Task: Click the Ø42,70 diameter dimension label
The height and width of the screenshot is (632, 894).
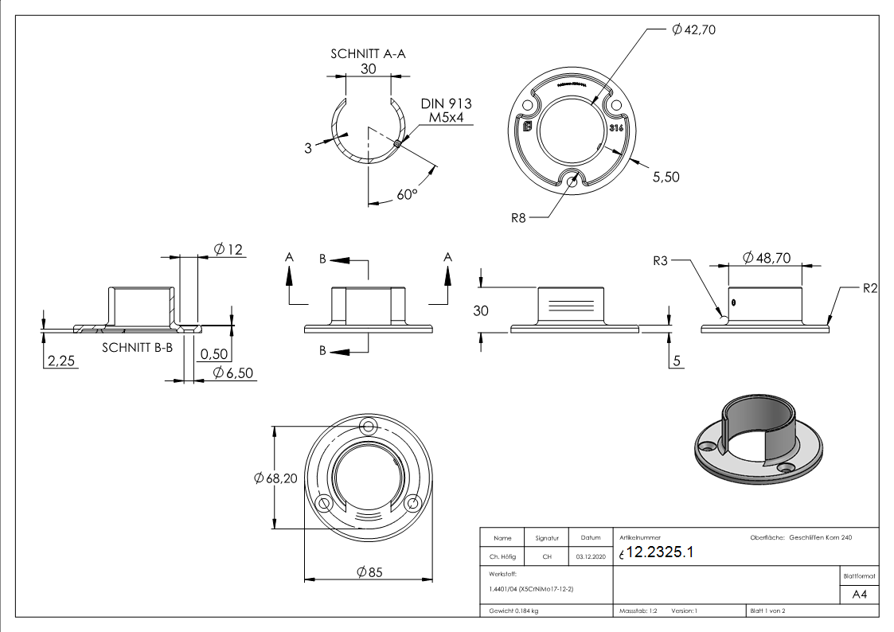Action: coord(695,30)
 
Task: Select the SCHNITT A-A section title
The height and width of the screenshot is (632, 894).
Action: coord(369,54)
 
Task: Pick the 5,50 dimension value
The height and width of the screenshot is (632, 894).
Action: coord(666,177)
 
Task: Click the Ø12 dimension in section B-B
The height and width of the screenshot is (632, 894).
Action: coord(228,250)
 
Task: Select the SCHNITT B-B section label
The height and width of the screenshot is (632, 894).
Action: coord(137,348)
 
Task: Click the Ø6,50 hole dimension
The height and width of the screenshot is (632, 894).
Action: coord(234,373)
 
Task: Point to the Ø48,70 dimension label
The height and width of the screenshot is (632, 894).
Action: coord(766,258)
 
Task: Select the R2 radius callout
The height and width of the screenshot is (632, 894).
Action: coord(870,288)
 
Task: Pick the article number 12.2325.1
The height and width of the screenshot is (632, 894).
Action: coord(660,553)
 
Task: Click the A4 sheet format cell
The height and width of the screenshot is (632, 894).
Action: coord(859,594)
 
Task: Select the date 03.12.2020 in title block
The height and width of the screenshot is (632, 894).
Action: coord(590,556)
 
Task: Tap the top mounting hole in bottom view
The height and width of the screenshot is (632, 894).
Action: coord(368,423)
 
